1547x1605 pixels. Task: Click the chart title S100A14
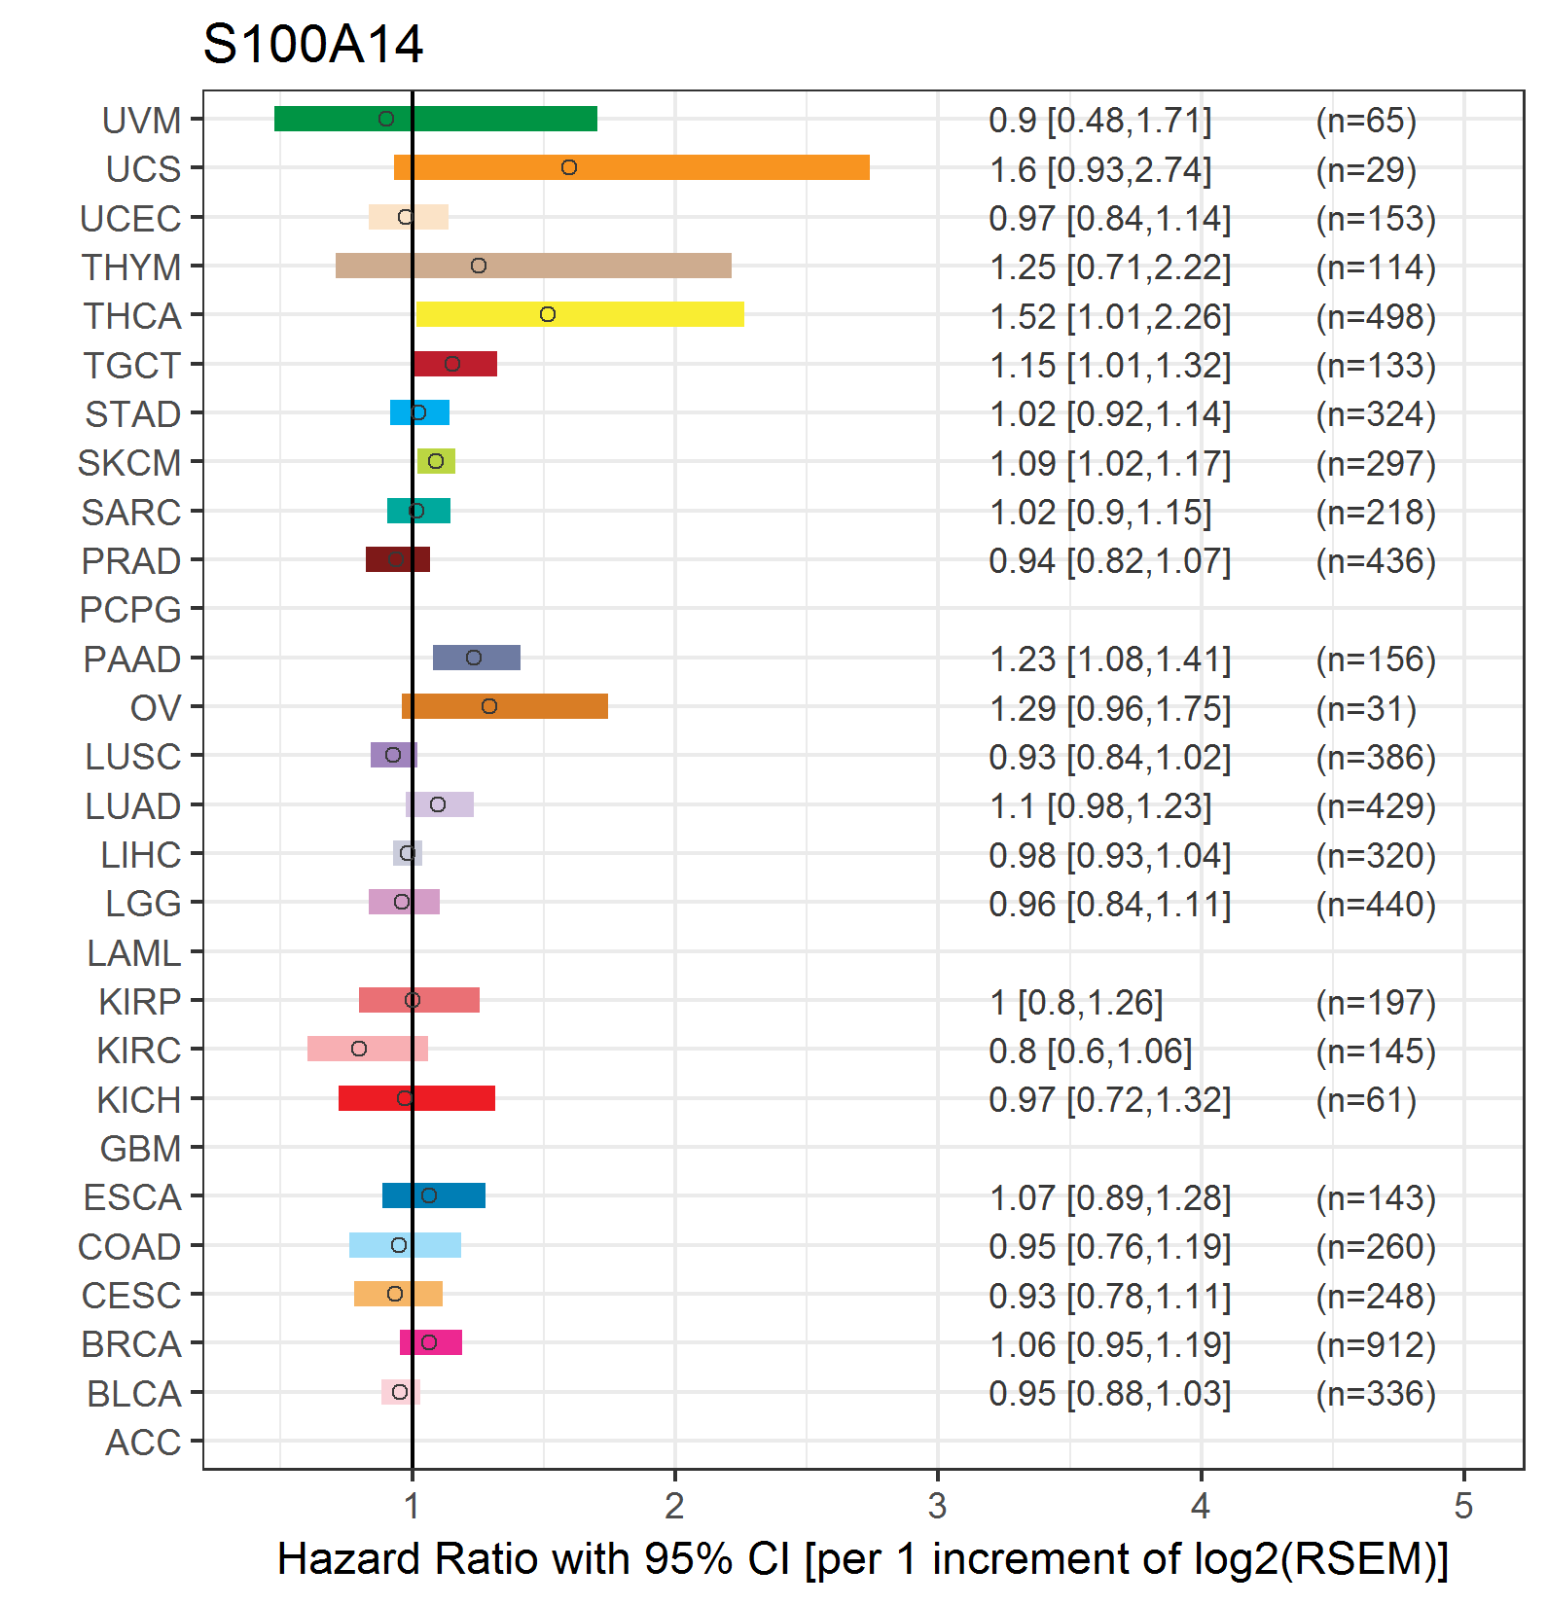[x=312, y=45]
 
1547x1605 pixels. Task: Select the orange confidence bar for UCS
[x=631, y=167]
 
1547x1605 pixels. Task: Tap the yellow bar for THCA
[x=580, y=314]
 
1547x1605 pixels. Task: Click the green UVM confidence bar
[x=436, y=119]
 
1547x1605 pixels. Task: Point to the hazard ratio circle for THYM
[x=479, y=266]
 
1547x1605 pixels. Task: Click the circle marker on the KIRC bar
[x=359, y=1049]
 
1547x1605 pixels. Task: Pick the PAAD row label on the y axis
[x=132, y=660]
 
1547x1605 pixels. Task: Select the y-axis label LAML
[x=134, y=953]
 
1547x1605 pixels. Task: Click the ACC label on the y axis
[x=143, y=1443]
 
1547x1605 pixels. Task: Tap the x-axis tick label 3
[x=937, y=1507]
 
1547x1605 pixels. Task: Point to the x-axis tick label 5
[x=1463, y=1507]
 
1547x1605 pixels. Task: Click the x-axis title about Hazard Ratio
[x=863, y=1559]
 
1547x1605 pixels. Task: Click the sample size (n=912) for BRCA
[x=1376, y=1345]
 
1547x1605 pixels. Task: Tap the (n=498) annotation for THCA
[x=1376, y=317]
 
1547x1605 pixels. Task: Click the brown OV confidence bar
[x=505, y=706]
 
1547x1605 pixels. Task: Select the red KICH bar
[x=416, y=1098]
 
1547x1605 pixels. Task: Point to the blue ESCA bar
[x=434, y=1195]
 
